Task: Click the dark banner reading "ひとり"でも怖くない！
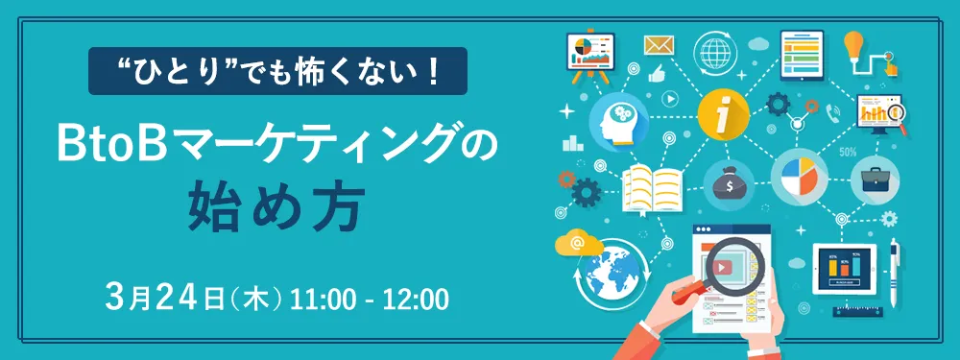(277, 72)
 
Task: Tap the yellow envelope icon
(658, 45)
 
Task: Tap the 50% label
(848, 152)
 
